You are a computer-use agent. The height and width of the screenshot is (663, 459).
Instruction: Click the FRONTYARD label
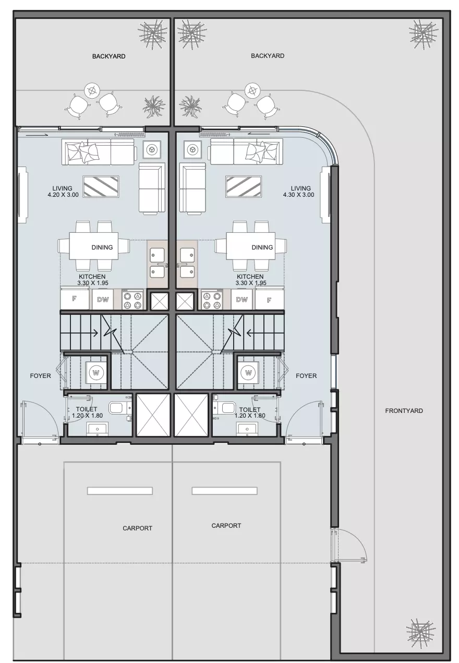404,410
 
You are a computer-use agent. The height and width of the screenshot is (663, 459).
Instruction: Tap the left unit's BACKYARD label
108,56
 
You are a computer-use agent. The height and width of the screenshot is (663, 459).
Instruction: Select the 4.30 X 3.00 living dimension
298,195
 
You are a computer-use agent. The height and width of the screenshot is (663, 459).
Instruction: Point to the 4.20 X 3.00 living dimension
63,195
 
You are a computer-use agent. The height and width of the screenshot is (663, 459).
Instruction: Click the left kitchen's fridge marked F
75,299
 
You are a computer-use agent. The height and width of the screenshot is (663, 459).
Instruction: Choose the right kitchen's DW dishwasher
242,300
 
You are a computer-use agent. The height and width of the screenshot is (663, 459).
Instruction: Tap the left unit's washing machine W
96,372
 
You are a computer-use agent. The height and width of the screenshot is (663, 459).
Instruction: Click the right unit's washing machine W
248,372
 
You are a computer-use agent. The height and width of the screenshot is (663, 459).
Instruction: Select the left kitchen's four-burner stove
133,300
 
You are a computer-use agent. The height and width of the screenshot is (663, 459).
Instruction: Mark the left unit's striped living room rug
101,187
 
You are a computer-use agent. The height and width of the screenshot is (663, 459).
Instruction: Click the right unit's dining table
251,246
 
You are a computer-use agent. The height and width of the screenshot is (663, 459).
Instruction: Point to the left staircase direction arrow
92,333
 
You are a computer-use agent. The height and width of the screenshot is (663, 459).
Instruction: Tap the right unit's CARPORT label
226,526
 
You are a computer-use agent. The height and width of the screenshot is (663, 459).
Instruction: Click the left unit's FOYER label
41,376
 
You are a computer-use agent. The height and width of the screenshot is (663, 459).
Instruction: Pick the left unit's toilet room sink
98,429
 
